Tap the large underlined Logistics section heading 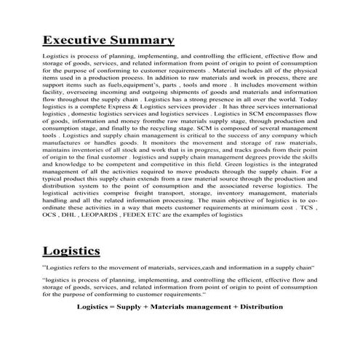[x=71, y=252]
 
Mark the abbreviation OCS [x=49, y=216]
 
